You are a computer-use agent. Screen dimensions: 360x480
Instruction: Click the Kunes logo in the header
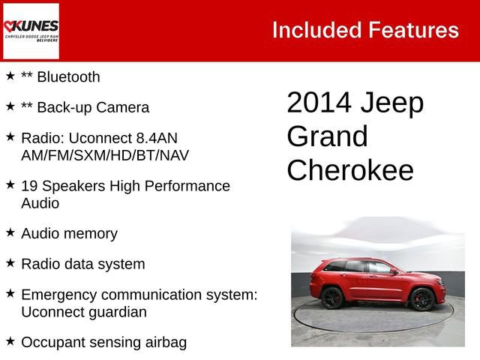coord(31,31)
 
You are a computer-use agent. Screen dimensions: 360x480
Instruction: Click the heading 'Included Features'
coord(365,30)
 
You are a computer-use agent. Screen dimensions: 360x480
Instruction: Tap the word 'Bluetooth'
coord(67,76)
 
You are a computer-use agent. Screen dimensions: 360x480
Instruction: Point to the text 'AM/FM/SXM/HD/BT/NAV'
coord(105,155)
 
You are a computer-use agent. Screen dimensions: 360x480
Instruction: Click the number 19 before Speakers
coord(30,185)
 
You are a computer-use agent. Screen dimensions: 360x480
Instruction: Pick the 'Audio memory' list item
coord(69,233)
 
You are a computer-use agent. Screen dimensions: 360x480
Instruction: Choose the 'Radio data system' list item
coord(83,264)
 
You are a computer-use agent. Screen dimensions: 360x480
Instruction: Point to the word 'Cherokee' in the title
coord(349,170)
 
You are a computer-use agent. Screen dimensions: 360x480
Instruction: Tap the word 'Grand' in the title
coord(327,137)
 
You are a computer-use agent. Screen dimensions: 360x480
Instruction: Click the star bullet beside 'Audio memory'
coord(10,232)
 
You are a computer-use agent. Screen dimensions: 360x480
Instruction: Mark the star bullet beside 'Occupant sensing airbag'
coord(10,341)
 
